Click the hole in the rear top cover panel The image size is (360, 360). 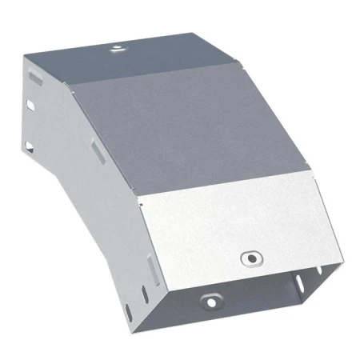(x=118, y=49)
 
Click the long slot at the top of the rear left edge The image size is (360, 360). (x=34, y=78)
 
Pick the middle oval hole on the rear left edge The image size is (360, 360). (x=30, y=105)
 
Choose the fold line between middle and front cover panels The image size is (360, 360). (x=224, y=188)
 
